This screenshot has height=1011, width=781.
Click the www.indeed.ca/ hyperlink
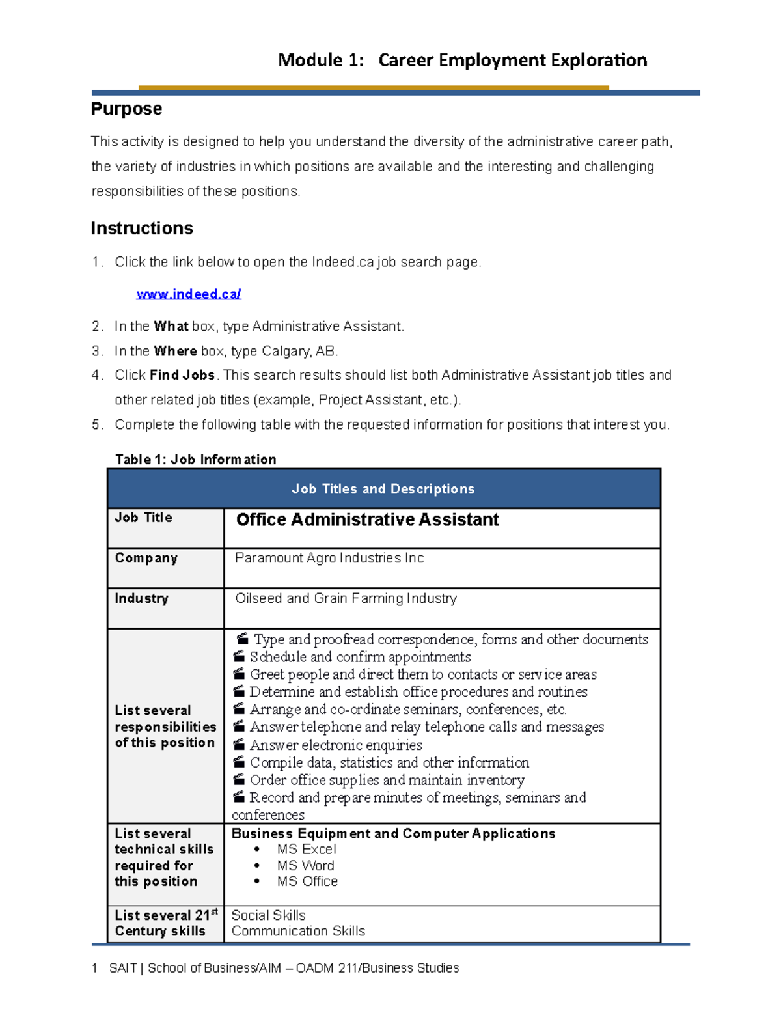tap(189, 294)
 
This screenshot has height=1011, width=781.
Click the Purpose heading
tap(126, 109)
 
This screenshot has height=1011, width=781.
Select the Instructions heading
tap(142, 229)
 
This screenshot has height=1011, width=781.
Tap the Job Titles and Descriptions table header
tap(383, 489)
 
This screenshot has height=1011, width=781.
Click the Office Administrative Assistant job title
tap(367, 519)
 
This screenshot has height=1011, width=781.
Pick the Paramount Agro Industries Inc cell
tap(329, 558)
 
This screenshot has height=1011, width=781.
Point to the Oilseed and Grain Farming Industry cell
tap(346, 598)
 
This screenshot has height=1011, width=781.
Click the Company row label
tap(146, 558)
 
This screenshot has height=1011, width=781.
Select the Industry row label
tap(141, 598)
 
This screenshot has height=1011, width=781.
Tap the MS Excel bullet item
tap(306, 849)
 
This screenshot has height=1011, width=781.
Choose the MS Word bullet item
tap(305, 865)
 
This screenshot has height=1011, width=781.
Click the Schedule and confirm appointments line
tap(360, 657)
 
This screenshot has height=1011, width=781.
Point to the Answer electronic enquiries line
tap(335, 745)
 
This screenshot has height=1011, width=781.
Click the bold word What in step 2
tap(171, 326)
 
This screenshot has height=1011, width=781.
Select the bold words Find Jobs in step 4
tap(182, 375)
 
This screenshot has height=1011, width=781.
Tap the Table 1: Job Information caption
tap(195, 460)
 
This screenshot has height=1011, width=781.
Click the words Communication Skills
tap(298, 931)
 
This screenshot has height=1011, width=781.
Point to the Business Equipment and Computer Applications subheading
tap(393, 833)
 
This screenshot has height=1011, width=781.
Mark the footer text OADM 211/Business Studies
tap(377, 968)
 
